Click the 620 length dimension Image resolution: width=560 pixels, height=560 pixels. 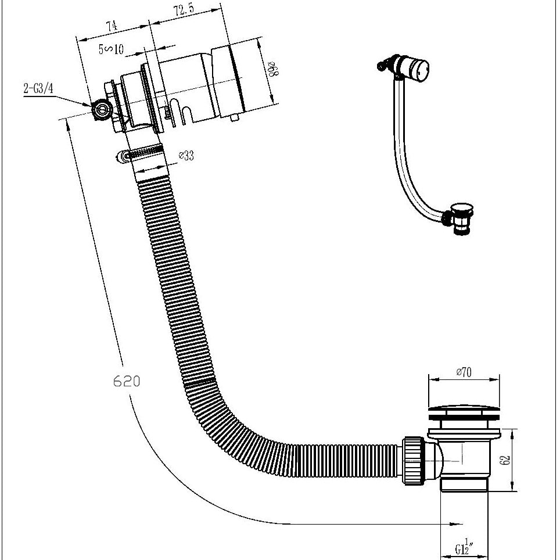(126, 381)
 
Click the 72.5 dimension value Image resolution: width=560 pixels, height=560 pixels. (184, 10)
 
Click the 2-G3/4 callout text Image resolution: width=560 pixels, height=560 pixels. (38, 88)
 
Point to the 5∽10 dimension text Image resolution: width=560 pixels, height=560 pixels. (111, 49)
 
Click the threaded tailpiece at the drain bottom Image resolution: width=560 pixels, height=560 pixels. (465, 484)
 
